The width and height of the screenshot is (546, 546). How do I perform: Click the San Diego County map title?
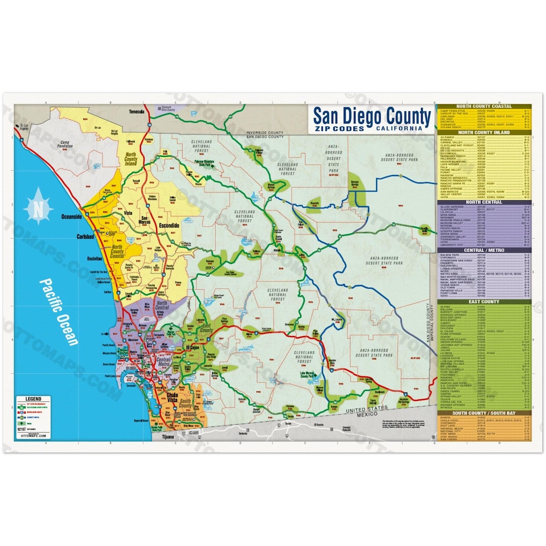click(x=372, y=117)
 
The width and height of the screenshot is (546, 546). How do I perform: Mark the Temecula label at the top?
click(x=137, y=112)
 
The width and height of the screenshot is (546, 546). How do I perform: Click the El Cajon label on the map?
click(x=194, y=348)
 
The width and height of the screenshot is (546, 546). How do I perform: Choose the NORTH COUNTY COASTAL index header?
click(x=484, y=106)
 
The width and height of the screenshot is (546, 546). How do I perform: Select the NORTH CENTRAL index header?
click(x=484, y=202)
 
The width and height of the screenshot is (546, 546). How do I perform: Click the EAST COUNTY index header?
click(x=484, y=302)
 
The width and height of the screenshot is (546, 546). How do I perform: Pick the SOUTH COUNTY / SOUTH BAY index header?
click(x=484, y=413)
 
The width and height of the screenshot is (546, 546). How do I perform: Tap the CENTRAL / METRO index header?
click(x=484, y=250)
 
